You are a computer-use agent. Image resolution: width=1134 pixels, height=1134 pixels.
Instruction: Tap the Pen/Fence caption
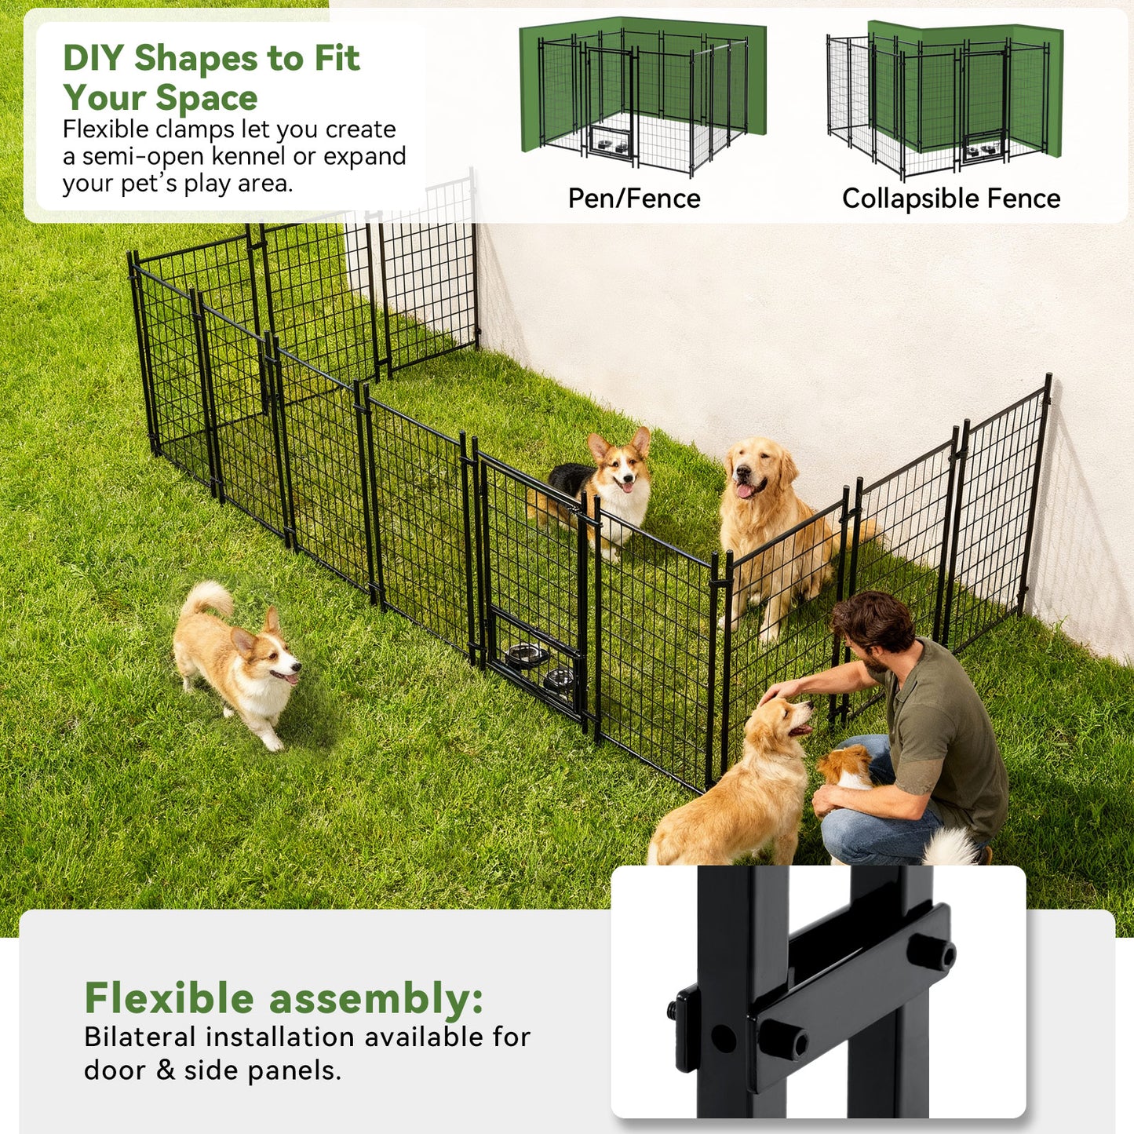pyautogui.click(x=634, y=199)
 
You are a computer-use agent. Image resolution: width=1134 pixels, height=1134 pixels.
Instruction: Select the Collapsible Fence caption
pyautogui.click(x=951, y=199)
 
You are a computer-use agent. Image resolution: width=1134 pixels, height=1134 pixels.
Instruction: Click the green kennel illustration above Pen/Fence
pyautogui.click(x=642, y=94)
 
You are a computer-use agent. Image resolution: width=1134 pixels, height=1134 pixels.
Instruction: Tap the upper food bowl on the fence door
pyautogui.click(x=526, y=654)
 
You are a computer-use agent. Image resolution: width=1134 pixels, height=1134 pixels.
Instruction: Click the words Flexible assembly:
pyautogui.click(x=283, y=998)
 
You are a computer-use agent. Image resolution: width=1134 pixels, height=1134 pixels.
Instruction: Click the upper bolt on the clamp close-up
pyautogui.click(x=932, y=952)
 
